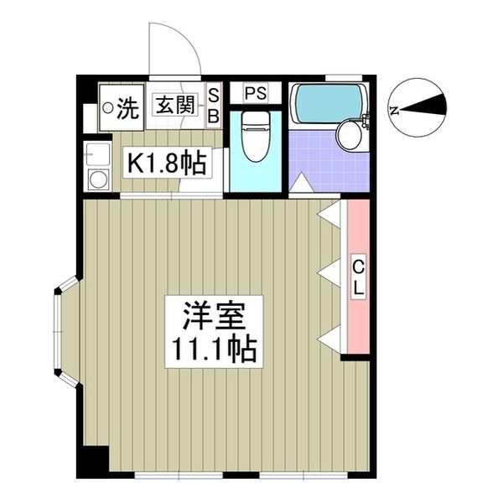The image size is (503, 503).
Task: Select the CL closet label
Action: [357, 277]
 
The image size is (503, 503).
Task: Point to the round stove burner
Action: [97, 178]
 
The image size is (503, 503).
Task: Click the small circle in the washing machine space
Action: [107, 107]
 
